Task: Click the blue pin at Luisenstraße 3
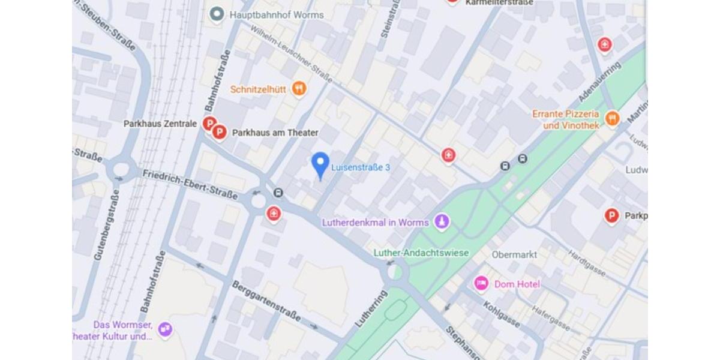coord(320,163)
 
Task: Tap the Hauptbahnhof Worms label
coord(277,14)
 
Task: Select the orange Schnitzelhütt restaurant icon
coord(299,89)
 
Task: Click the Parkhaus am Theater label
coord(275,133)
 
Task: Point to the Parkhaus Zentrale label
coord(160,124)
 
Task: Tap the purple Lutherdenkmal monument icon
coord(442,222)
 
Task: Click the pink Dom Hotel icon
coord(481,284)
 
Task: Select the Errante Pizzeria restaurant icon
coord(612,118)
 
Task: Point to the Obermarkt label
coord(514,254)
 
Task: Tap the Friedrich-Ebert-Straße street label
coord(190,184)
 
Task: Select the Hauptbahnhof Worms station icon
coord(217,14)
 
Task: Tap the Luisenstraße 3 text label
coord(361,167)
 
